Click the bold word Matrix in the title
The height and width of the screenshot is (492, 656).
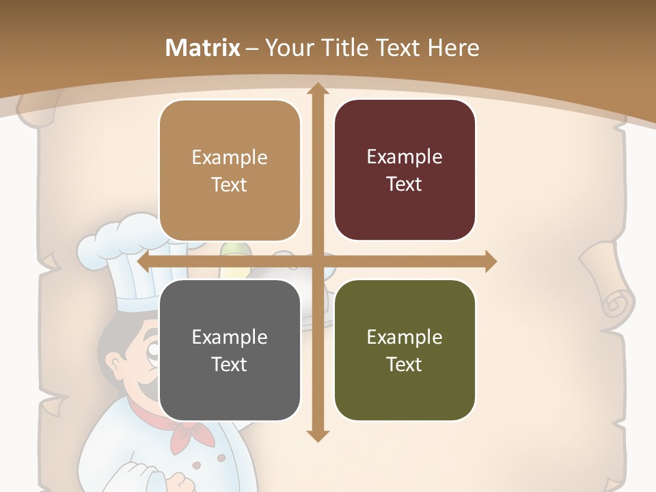(x=203, y=48)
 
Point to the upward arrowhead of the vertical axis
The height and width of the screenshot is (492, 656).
(x=316, y=89)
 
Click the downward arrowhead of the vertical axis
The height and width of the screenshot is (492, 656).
(x=316, y=435)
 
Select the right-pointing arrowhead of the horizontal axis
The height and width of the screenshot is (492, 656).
(x=489, y=262)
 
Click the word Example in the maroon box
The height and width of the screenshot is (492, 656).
(x=405, y=157)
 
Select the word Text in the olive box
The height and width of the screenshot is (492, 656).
(x=405, y=364)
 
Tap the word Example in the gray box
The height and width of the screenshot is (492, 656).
(x=230, y=337)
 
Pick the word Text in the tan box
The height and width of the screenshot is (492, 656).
(x=230, y=184)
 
